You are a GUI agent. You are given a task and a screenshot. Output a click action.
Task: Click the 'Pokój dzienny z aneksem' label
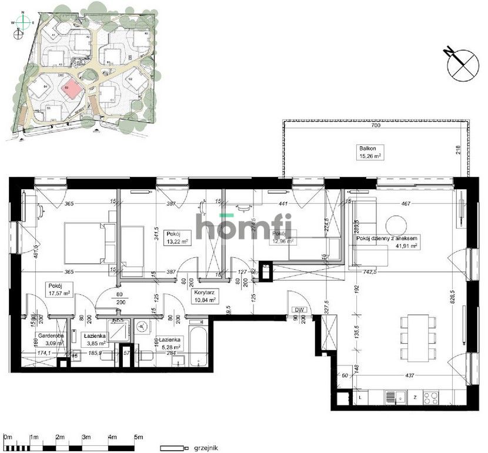387,238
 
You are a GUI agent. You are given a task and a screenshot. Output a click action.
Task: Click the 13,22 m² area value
177,241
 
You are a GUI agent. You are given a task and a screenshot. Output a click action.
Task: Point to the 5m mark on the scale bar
139,438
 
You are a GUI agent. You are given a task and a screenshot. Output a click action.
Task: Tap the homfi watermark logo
243,227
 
